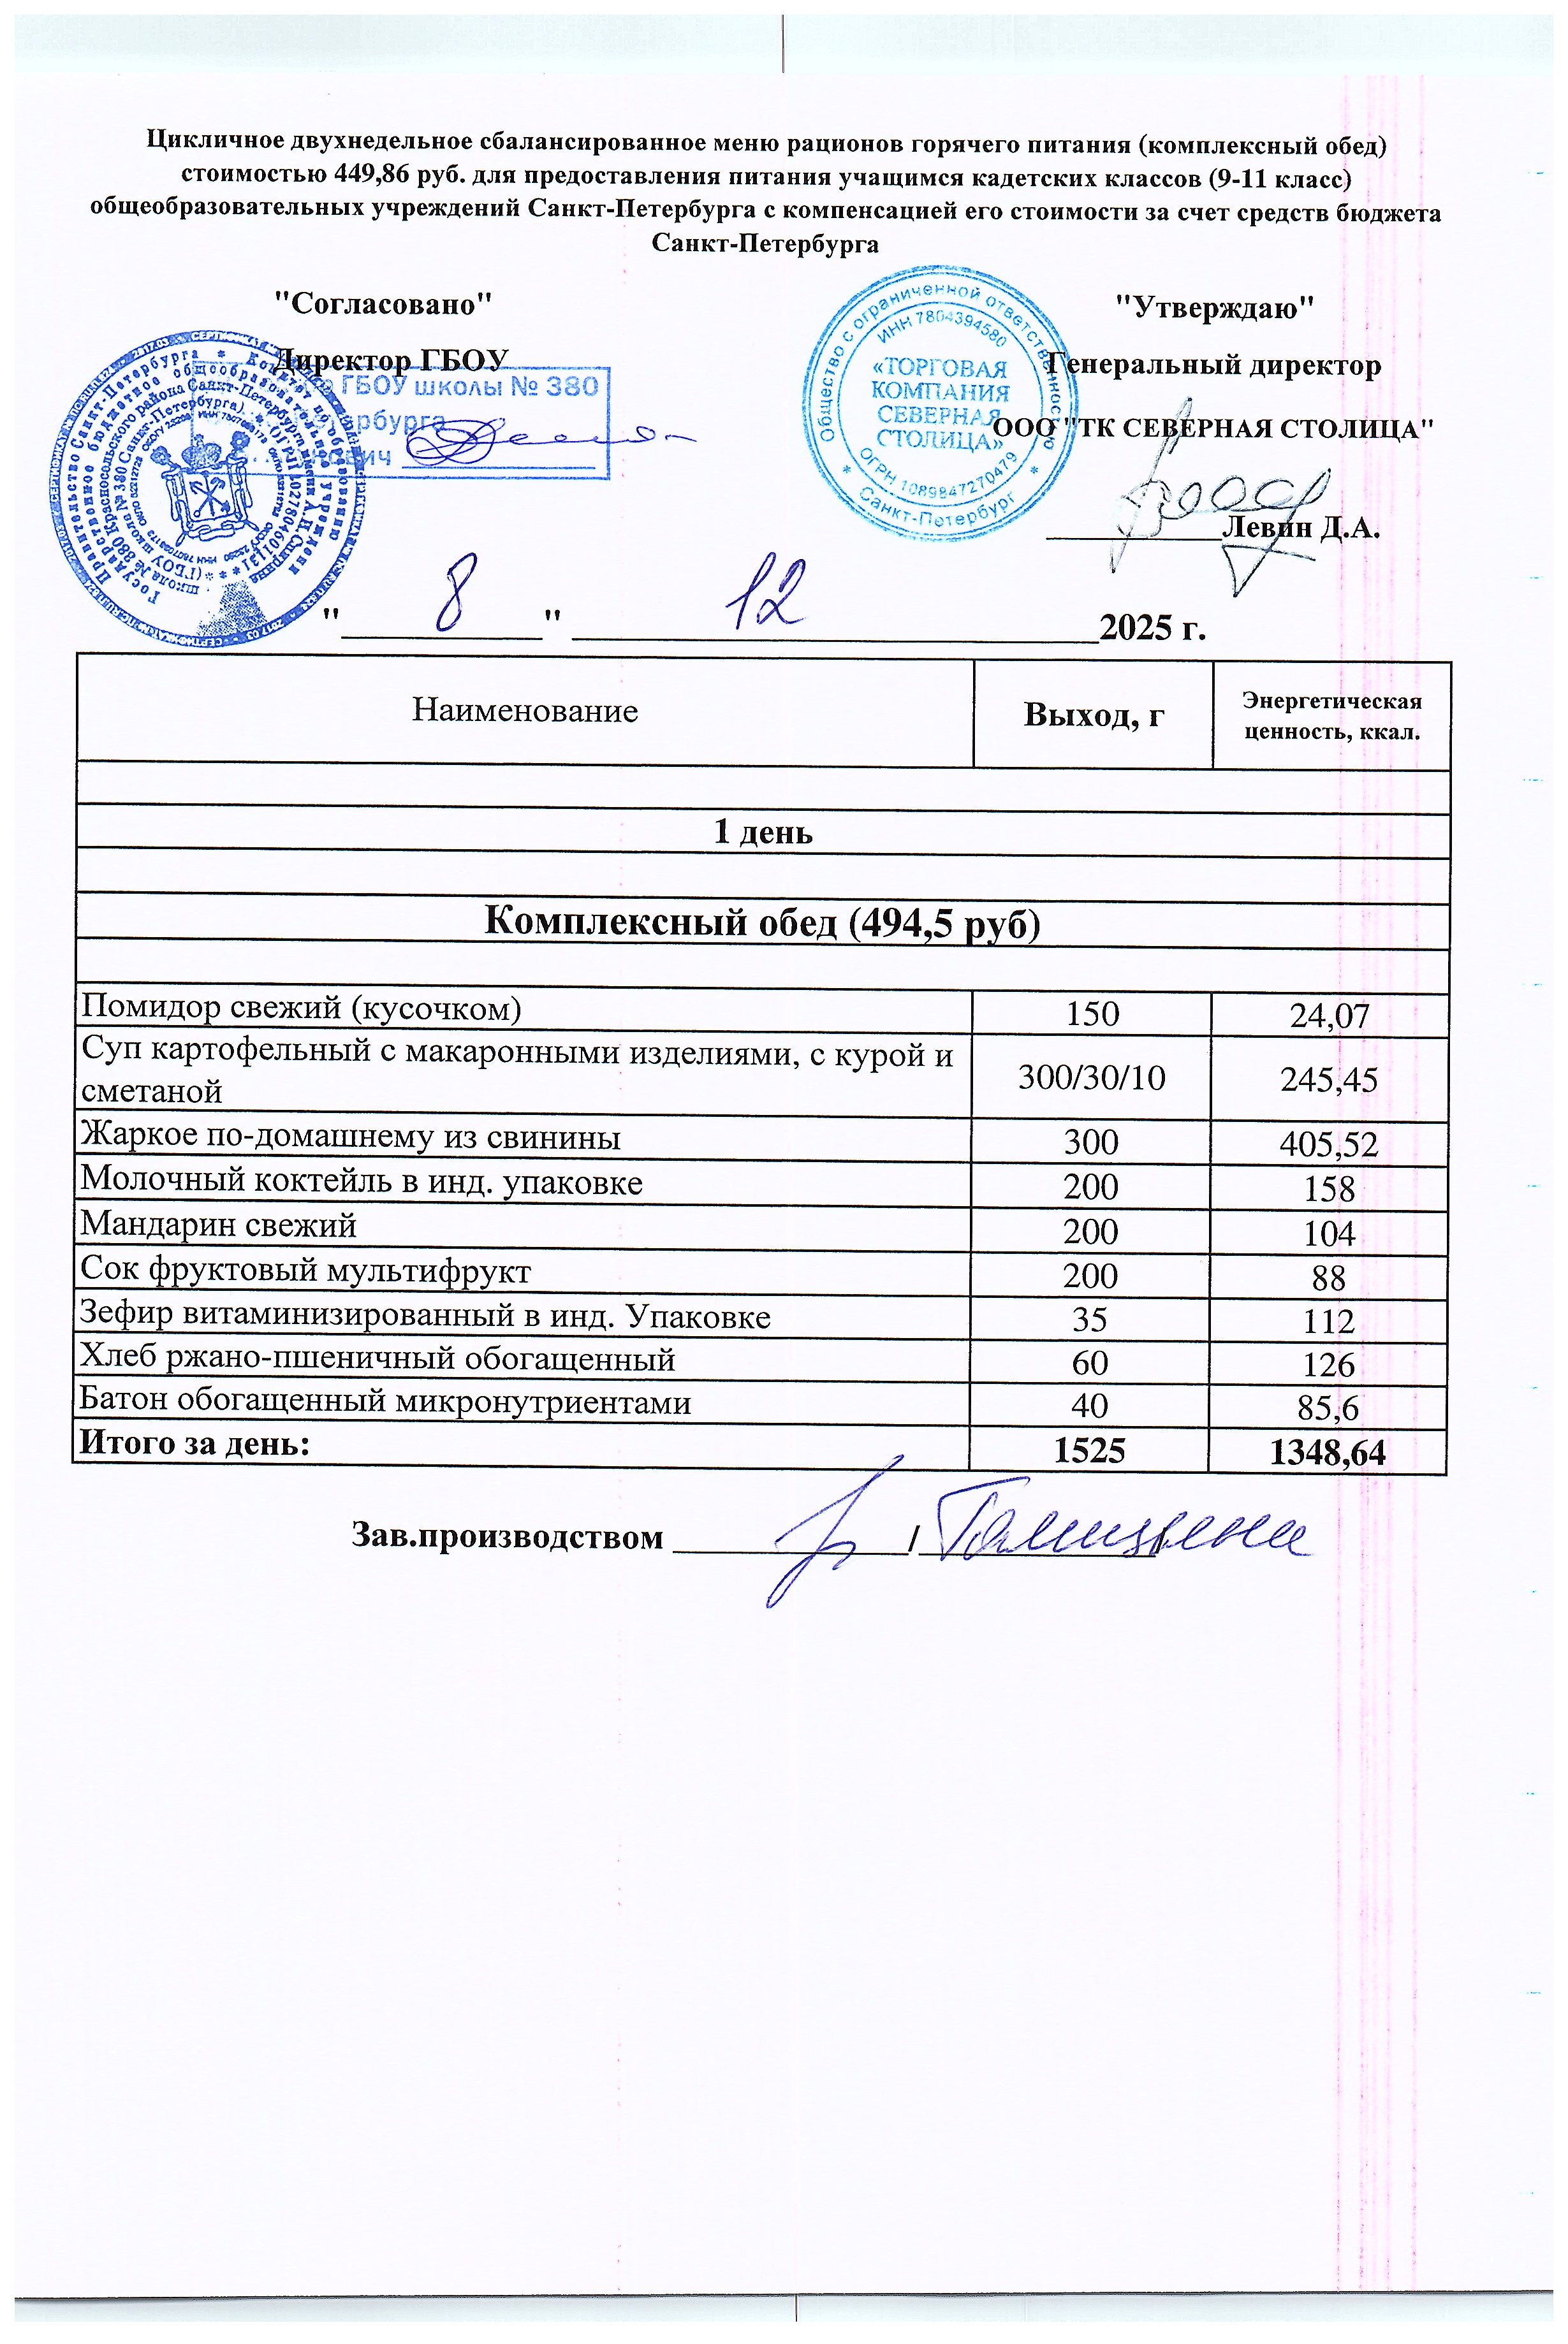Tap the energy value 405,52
(x=1328, y=1142)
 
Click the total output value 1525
(x=1090, y=1450)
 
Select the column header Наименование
(x=525, y=711)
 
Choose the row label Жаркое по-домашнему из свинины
(x=350, y=1137)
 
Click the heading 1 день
(x=762, y=833)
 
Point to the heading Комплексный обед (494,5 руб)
(x=762, y=922)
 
